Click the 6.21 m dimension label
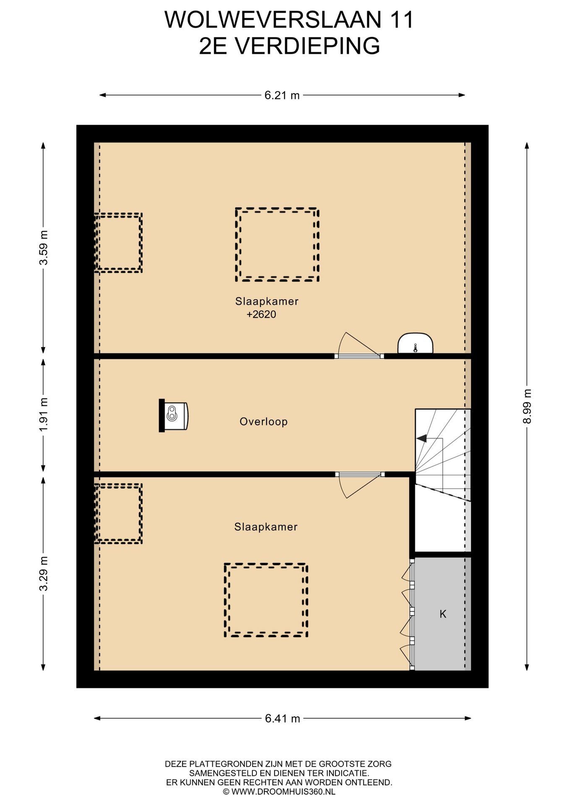pos(282,96)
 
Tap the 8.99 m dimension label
pos(527,406)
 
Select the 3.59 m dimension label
pos(44,247)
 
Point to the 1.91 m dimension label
pos(44,414)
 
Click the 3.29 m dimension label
pos(44,574)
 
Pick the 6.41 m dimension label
pos(282,719)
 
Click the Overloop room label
pos(264,422)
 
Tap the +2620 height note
pos(261,314)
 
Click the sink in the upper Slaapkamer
pos(415,343)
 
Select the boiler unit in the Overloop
pos(174,415)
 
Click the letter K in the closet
pos(443,614)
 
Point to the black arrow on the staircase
pos(421,439)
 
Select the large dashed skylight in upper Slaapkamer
pos(277,244)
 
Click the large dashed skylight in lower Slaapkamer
pos(266,600)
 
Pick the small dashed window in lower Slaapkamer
pos(119,514)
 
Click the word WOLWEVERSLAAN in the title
pos(273,20)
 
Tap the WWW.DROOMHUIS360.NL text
pos(283,792)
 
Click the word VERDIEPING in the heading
pos(307,46)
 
